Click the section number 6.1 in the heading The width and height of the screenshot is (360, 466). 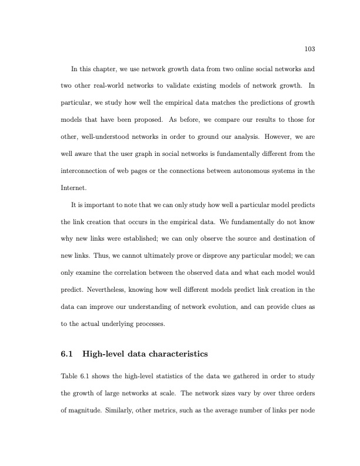point(67,354)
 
